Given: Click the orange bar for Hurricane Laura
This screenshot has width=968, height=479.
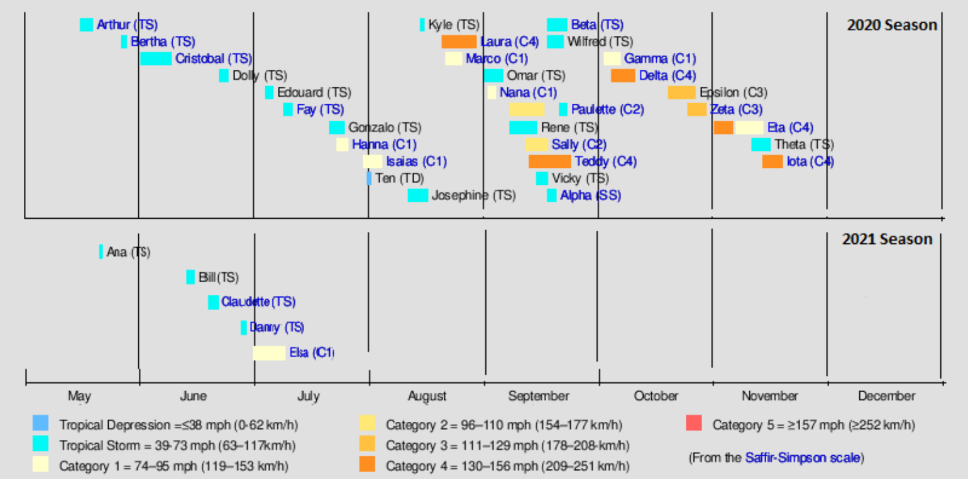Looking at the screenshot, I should point(459,42).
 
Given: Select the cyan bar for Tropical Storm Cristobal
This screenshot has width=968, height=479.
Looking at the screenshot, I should point(156,58).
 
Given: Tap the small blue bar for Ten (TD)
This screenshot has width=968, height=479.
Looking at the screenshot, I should point(369,179).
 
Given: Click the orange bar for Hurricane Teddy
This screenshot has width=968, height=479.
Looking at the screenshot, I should point(549,162).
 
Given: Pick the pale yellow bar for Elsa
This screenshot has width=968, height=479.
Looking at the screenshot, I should point(269,353).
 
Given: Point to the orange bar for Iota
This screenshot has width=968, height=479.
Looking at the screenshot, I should point(773,162).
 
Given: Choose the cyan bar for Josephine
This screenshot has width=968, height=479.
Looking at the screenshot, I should point(418,195).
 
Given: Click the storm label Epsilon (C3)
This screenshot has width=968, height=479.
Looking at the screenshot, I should point(734,92).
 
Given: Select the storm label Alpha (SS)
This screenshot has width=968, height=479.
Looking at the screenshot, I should point(590,195).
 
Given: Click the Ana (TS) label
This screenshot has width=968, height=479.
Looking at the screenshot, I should point(128,252).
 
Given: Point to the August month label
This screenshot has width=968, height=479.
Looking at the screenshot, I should point(427,396).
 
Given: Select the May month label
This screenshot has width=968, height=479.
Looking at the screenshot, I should point(79,396).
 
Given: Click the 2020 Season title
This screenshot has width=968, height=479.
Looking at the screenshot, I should point(892,25).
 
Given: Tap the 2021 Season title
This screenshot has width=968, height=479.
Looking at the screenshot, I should point(887,239).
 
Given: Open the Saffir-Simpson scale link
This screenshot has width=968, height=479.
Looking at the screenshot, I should point(802,458).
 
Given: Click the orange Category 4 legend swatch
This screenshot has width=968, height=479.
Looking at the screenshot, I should point(367,465).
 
